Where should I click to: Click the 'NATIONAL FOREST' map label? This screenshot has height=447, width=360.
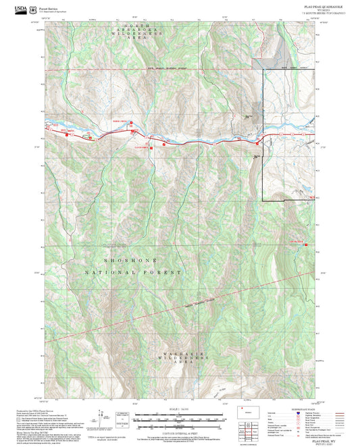click(133, 271)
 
